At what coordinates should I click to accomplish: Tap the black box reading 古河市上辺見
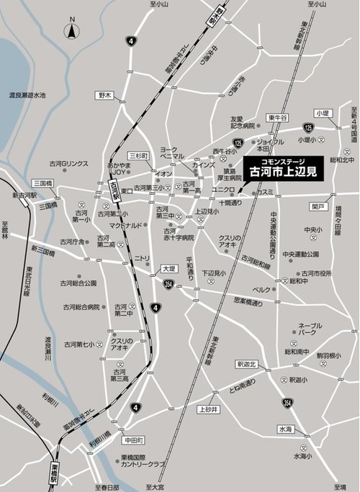[x=282, y=170]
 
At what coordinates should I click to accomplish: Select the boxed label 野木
[x=106, y=95]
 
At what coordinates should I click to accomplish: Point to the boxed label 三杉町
[x=138, y=155]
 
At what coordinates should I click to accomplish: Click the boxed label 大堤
[x=168, y=268]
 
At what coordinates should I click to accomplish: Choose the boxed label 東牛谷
[x=277, y=118]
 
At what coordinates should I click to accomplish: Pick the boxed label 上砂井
[x=207, y=409]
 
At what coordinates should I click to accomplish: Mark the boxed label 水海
[x=286, y=429]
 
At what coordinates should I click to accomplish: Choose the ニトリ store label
[x=141, y=258]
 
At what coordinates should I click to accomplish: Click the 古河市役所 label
[x=318, y=273]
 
